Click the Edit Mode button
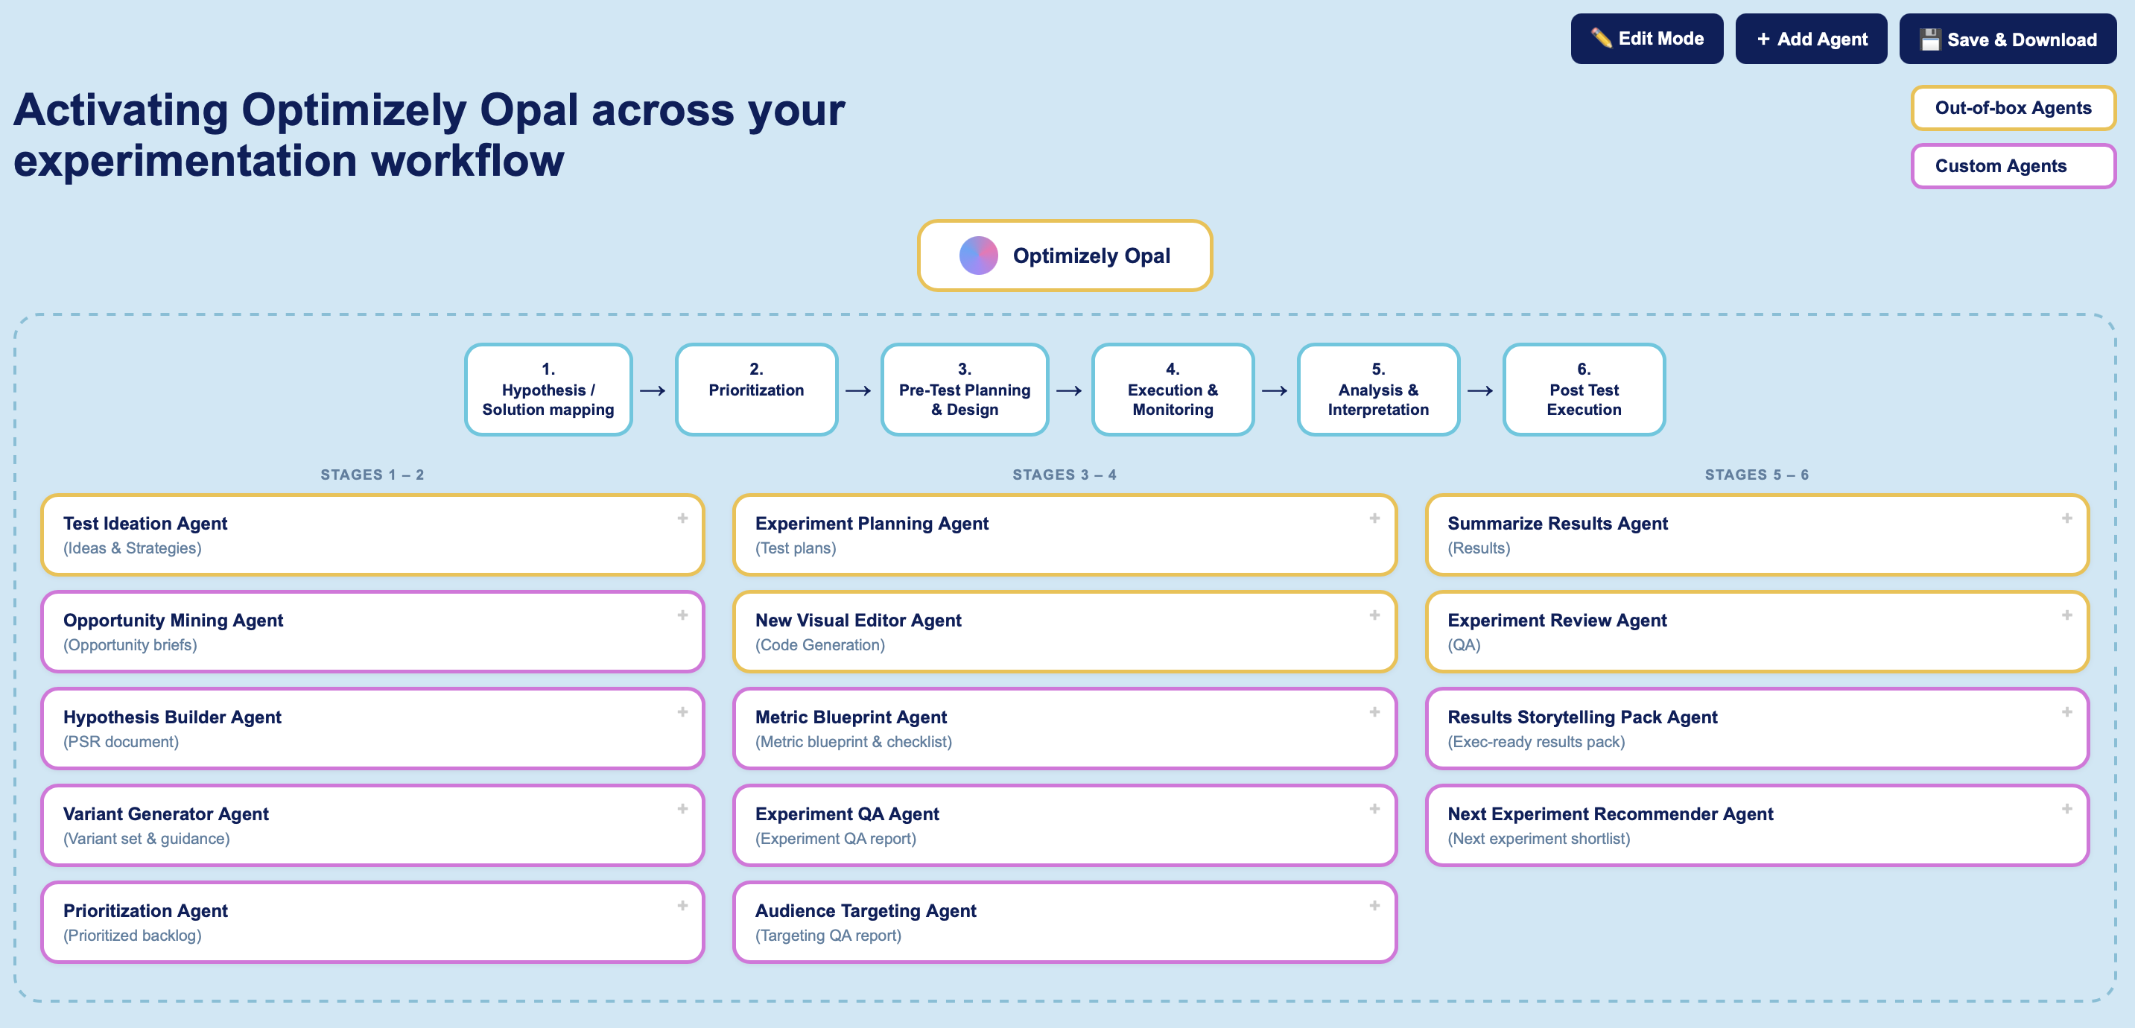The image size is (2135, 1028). coord(1646,39)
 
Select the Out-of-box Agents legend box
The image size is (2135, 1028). coord(2012,108)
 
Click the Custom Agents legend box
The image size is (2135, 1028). coord(2012,166)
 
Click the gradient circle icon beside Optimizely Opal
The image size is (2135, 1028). coord(978,256)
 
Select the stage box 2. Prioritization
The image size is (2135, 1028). coord(756,390)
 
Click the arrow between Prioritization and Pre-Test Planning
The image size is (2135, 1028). coord(858,390)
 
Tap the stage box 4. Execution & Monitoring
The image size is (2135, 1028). coord(1172,390)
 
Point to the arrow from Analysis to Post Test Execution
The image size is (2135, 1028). coord(1479,390)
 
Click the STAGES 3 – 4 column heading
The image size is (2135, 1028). coord(1065,475)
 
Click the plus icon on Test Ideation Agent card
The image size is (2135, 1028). coord(682,518)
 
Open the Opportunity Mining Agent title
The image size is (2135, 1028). coord(174,620)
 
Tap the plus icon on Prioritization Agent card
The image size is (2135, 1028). coord(682,905)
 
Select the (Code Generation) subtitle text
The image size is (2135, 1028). coord(819,645)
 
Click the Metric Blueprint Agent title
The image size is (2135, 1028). coord(851,717)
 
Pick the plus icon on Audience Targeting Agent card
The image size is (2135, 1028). coord(1374,905)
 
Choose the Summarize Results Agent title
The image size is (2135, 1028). coord(1558,523)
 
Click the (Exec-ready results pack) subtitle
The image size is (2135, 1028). coord(1536,742)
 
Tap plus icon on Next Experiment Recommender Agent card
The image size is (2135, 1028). coord(2066,808)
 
